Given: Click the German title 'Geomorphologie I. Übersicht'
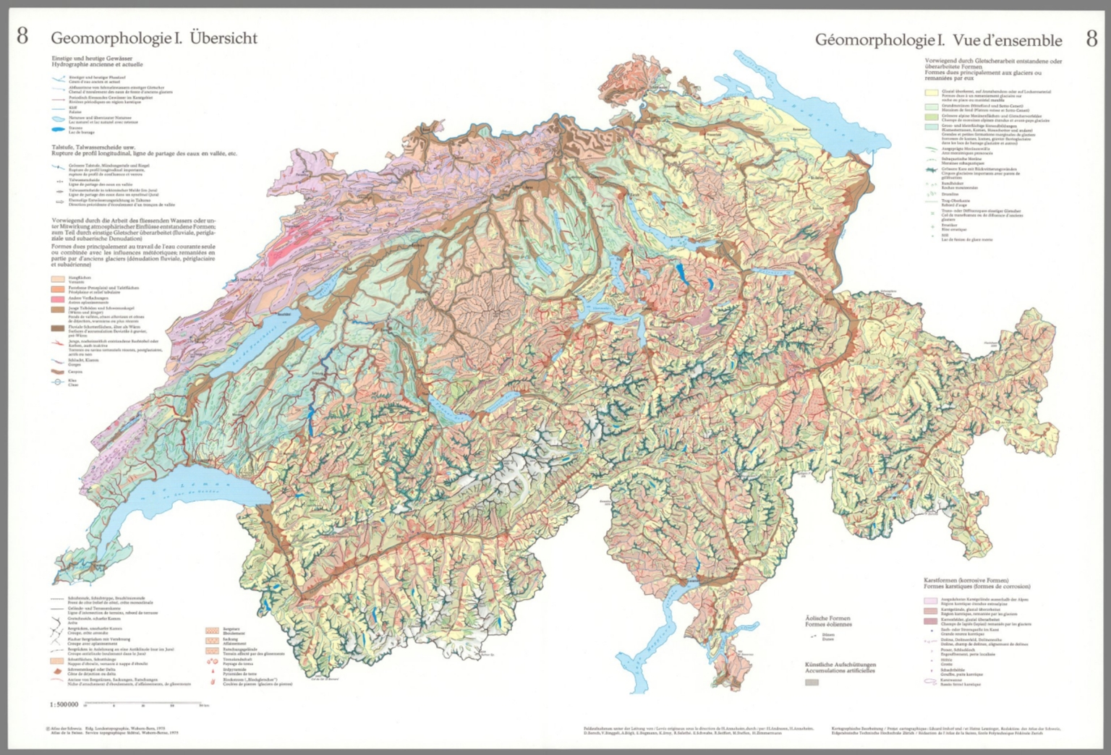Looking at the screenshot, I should (153, 38).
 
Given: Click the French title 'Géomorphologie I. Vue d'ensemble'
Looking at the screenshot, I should (938, 40).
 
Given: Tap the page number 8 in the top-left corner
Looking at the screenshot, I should (22, 36).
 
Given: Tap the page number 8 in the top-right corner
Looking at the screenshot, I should (1091, 38).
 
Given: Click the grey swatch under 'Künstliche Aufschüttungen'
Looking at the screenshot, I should (812, 682).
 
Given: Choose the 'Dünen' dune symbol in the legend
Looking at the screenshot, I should (813, 635).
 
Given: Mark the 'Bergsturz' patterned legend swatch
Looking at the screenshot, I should (213, 631).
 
